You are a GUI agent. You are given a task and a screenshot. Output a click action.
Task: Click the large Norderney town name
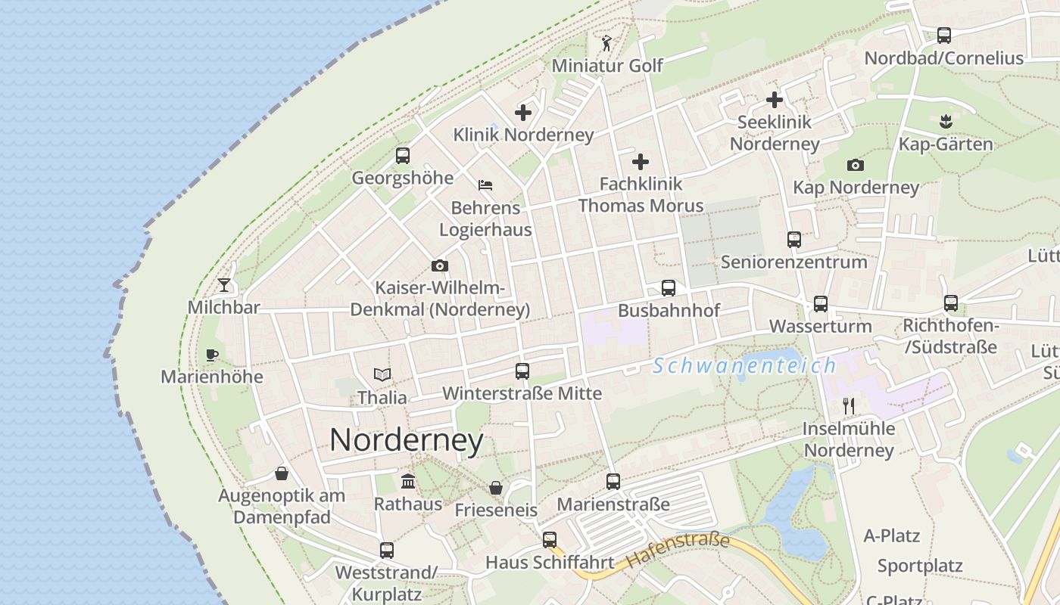pyautogui.click(x=406, y=440)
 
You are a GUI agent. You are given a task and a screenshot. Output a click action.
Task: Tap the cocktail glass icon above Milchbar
pyautogui.click(x=224, y=285)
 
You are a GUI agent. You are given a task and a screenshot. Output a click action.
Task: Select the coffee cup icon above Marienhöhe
pyautogui.click(x=212, y=355)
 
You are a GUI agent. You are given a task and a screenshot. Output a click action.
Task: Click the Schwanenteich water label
pyautogui.click(x=744, y=366)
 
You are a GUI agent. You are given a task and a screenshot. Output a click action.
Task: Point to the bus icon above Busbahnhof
pyautogui.click(x=668, y=288)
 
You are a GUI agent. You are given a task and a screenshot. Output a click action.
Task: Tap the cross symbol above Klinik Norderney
pyautogui.click(x=523, y=113)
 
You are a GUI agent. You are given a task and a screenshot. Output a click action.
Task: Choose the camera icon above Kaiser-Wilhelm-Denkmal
pyautogui.click(x=439, y=265)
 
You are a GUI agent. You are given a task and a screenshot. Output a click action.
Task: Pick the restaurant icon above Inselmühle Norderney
pyautogui.click(x=849, y=406)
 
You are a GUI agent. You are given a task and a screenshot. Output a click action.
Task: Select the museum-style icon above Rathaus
pyautogui.click(x=408, y=481)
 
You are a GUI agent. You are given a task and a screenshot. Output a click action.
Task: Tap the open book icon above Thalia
pyautogui.click(x=382, y=374)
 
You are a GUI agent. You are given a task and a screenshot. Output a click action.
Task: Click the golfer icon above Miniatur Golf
pyautogui.click(x=606, y=43)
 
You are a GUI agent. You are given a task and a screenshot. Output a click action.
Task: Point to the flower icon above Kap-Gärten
pyautogui.click(x=946, y=121)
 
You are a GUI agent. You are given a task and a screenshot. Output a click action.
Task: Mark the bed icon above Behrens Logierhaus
pyautogui.click(x=485, y=185)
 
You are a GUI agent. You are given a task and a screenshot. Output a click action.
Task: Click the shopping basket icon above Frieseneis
pyautogui.click(x=496, y=488)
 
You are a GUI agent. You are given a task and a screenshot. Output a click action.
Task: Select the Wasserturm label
pyautogui.click(x=820, y=327)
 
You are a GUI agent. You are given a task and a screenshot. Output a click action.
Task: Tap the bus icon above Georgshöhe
pyautogui.click(x=403, y=156)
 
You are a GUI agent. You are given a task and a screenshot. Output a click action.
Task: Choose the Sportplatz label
pyautogui.click(x=919, y=566)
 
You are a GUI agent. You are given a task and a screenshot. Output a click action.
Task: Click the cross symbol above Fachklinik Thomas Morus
pyautogui.click(x=641, y=161)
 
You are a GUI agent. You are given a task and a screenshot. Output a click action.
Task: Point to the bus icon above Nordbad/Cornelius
pyautogui.click(x=943, y=35)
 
